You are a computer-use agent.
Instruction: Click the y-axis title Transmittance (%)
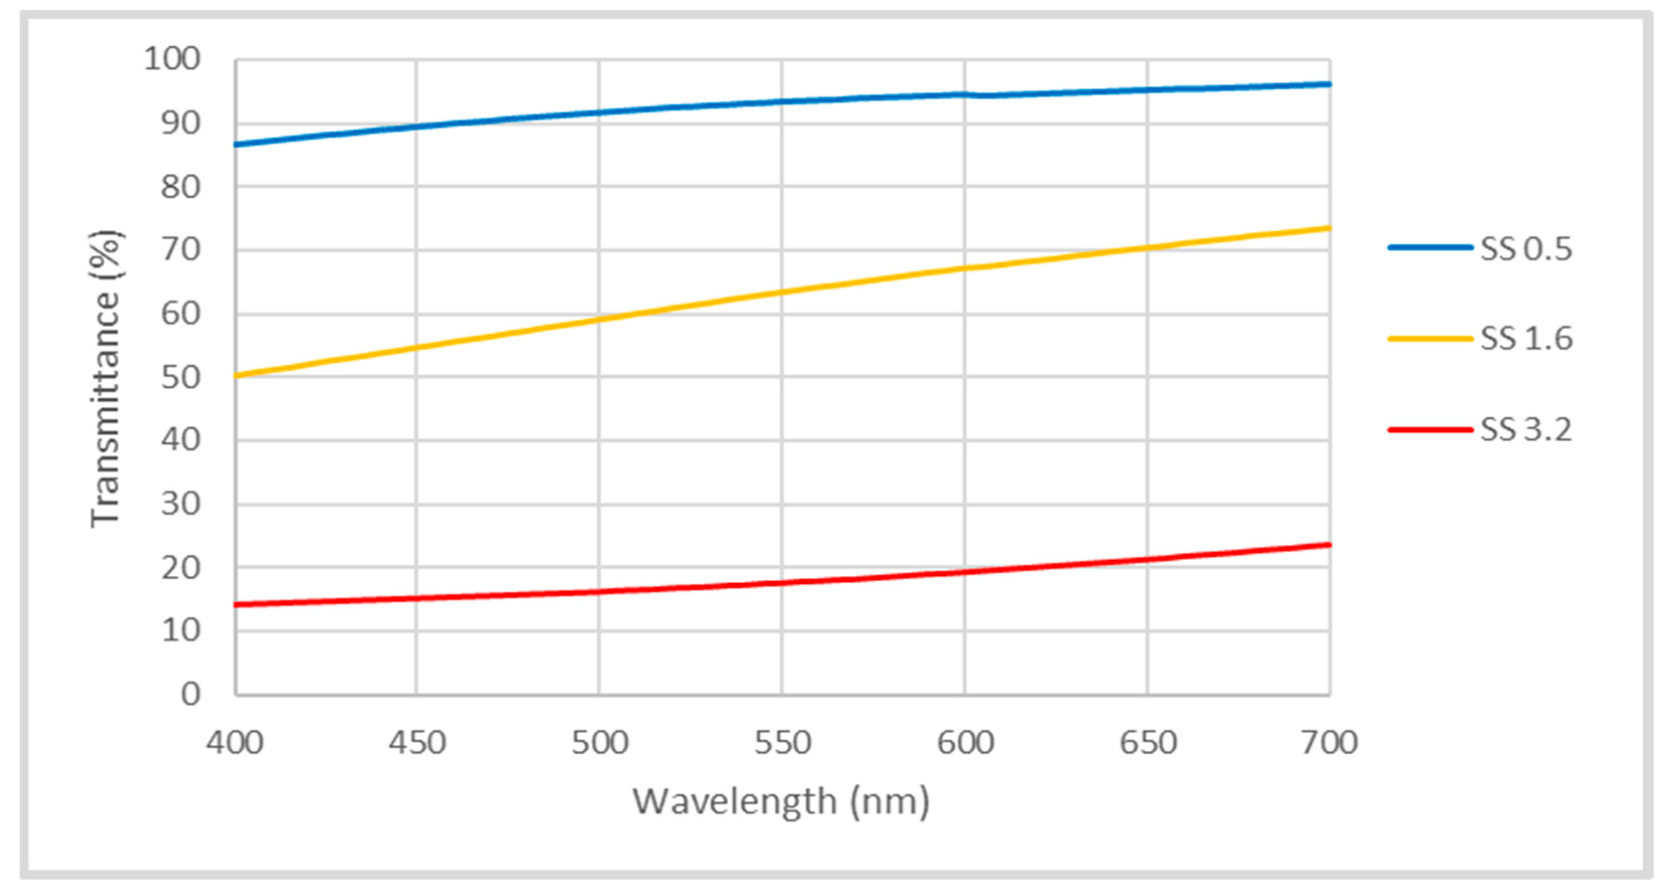pyautogui.click(x=105, y=379)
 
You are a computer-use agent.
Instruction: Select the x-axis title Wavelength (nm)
pyautogui.click(x=781, y=802)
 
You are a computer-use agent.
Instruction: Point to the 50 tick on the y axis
pyautogui.click(x=181, y=377)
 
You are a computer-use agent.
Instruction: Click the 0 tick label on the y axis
pyautogui.click(x=190, y=694)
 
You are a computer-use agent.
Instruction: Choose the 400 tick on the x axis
pyautogui.click(x=235, y=743)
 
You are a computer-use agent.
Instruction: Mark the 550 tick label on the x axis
pyautogui.click(x=783, y=743)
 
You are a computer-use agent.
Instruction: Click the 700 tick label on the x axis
pyautogui.click(x=1329, y=743)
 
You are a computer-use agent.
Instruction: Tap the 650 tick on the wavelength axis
pyautogui.click(x=1148, y=743)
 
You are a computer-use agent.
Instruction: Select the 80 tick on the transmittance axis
pyautogui.click(x=181, y=187)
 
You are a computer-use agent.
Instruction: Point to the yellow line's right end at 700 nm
pyautogui.click(x=1328, y=228)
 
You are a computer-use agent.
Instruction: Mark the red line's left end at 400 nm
pyautogui.click(x=236, y=605)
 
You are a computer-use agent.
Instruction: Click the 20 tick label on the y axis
pyautogui.click(x=181, y=568)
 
